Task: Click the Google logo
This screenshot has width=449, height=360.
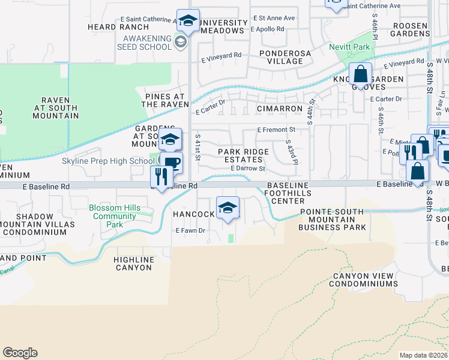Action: tap(20, 353)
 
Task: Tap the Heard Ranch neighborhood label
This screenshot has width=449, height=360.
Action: tap(118, 27)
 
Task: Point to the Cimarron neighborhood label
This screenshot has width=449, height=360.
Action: tap(279, 109)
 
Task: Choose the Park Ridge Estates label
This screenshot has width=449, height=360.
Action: tap(240, 155)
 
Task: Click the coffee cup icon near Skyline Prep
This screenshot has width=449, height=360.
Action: tap(171, 163)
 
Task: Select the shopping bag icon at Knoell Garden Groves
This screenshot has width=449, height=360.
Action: tap(360, 76)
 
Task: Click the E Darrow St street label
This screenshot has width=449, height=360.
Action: tap(248, 169)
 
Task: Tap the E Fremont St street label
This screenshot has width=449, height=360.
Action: tap(276, 130)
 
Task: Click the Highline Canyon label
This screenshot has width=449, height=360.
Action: tap(133, 263)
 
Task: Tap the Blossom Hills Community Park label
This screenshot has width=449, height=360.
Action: tap(114, 216)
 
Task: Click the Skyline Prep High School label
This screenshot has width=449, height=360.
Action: tap(107, 161)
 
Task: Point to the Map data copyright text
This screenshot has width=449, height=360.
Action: tap(423, 355)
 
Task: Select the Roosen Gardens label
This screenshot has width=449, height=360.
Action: tap(410, 30)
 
